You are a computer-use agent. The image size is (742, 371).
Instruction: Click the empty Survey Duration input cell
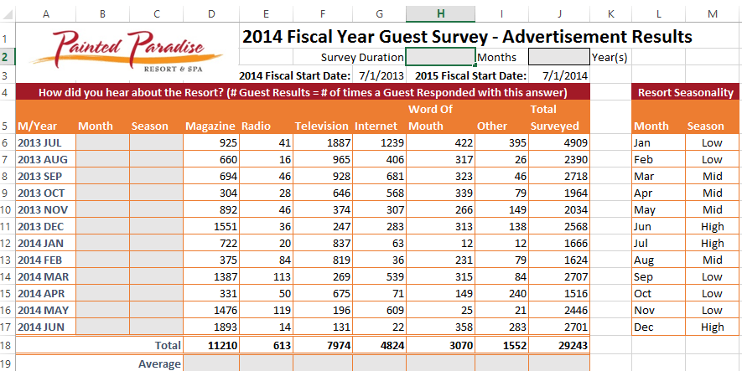click(440, 57)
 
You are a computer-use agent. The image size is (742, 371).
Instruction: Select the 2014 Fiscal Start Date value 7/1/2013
click(378, 75)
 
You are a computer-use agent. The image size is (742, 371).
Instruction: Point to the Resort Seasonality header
click(685, 92)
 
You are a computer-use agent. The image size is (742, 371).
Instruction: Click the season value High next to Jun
click(712, 226)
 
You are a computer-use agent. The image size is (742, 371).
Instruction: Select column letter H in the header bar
click(440, 14)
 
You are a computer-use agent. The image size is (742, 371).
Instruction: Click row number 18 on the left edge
click(6, 345)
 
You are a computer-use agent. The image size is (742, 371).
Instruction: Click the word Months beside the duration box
click(498, 58)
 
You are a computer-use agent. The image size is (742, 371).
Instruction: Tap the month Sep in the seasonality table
click(644, 276)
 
